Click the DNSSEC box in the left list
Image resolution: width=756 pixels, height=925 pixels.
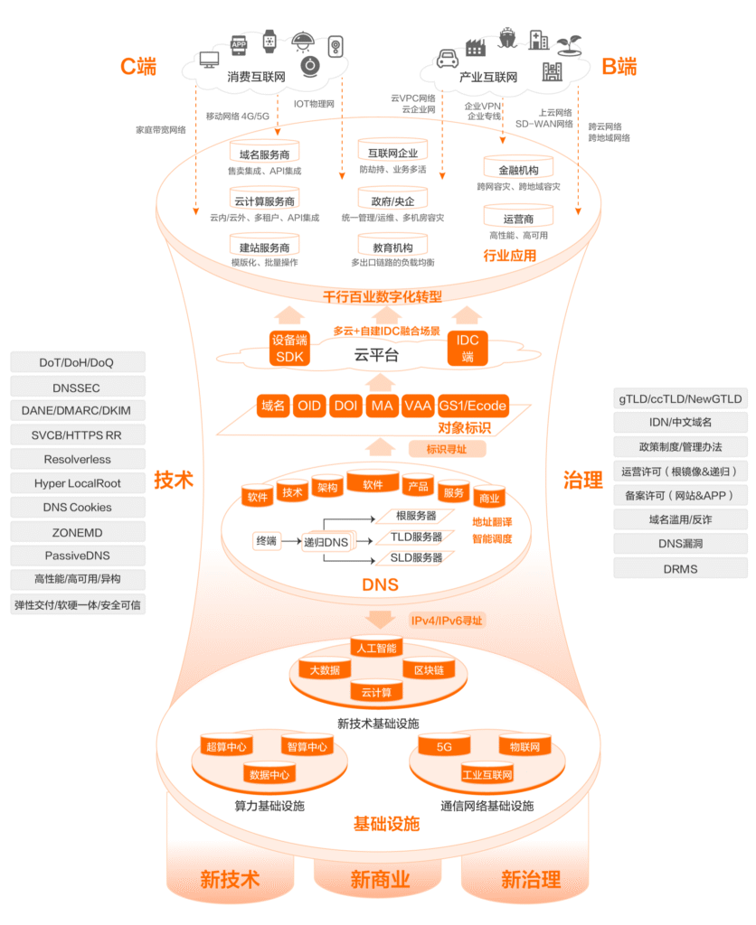[x=77, y=387]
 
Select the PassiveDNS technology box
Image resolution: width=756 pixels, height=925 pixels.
[x=77, y=556]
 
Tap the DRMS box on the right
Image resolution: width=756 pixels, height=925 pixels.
[x=679, y=568]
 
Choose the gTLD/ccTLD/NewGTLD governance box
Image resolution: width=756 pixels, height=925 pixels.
[x=679, y=398]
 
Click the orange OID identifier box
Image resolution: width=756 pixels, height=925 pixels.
[x=308, y=406]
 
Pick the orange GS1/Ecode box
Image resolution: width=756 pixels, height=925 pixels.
[x=473, y=406]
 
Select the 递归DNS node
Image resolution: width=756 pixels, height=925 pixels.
[x=326, y=542]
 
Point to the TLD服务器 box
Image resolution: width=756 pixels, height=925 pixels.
[x=415, y=537]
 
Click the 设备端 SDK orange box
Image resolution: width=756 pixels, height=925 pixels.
[x=290, y=348]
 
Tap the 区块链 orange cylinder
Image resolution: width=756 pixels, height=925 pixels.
[x=428, y=670]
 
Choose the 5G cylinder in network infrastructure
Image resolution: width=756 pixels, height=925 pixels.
[x=444, y=747]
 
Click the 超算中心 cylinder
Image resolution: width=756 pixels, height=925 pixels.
[x=226, y=747]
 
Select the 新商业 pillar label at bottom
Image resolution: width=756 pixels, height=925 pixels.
[x=380, y=879]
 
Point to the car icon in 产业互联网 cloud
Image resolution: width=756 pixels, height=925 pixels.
[x=446, y=60]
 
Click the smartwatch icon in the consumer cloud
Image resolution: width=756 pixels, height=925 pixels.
[x=269, y=41]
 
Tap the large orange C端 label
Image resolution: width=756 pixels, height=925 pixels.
[x=138, y=67]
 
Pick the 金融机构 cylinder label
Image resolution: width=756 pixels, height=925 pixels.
[x=518, y=170]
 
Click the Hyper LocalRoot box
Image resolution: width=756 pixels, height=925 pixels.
[x=77, y=483]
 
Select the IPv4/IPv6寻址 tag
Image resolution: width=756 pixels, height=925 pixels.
[x=447, y=621]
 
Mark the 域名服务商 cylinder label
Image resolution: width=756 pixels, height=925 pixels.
[x=264, y=154]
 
